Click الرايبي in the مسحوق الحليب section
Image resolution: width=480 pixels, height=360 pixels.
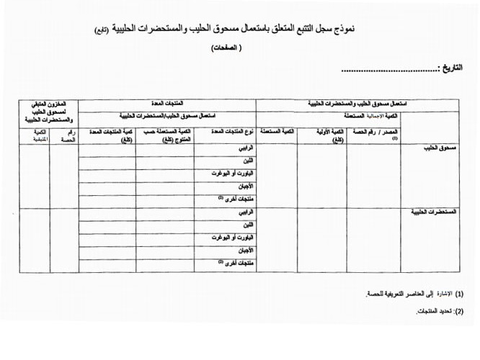(246, 149)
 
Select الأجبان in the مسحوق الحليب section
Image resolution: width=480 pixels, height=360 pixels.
(245, 186)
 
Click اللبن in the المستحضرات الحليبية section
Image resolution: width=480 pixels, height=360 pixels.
(247, 225)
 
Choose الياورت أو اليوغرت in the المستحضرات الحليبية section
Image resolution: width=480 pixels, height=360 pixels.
(233, 237)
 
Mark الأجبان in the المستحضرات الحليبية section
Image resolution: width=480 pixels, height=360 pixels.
(245, 250)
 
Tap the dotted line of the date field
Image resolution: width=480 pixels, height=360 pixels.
(389, 71)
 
